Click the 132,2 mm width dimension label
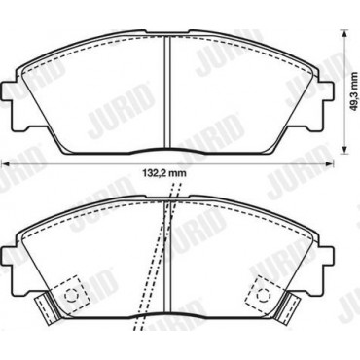(164, 173)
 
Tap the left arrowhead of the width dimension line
(5, 164)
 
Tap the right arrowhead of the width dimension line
(330, 164)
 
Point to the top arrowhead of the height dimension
(344, 33)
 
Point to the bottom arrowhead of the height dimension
(344, 151)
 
